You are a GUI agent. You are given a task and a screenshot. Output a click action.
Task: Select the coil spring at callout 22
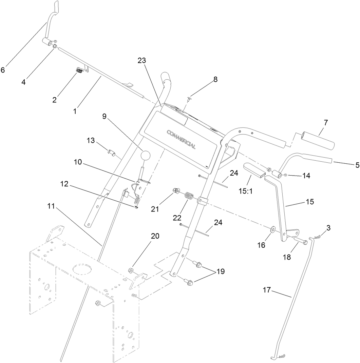(x=189, y=197)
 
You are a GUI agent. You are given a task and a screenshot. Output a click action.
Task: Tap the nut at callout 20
(x=131, y=270)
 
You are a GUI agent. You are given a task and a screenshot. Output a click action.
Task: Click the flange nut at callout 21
(x=176, y=191)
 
